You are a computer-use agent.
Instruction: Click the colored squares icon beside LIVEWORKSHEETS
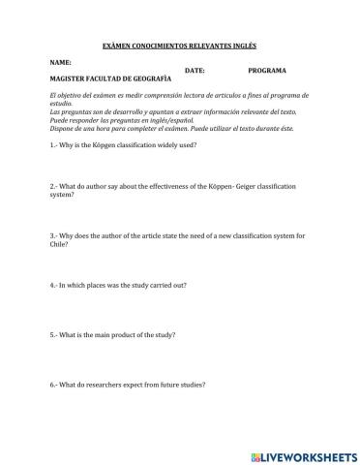(255, 452)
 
